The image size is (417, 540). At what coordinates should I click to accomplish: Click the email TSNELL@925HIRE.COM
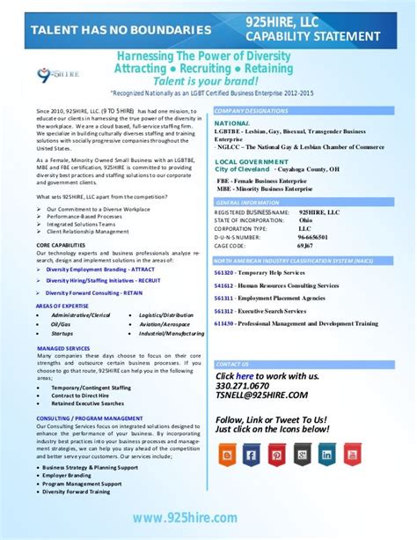pos(261,396)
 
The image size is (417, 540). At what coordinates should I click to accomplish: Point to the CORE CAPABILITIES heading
pos(61,245)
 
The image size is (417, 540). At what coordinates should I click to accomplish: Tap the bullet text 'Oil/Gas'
pos(61,324)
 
